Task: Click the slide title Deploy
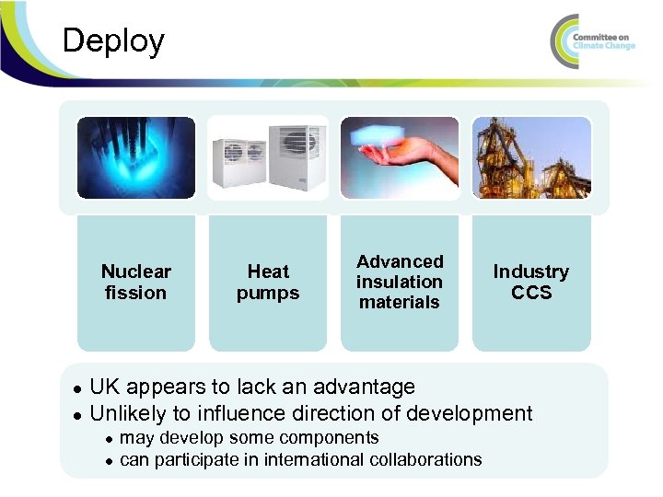coord(112,41)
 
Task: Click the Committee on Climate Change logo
coord(594,41)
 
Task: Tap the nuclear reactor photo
coord(136,157)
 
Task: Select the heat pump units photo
coord(268,157)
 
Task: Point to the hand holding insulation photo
coord(400,157)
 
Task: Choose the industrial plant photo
coord(531,157)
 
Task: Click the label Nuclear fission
coord(136,282)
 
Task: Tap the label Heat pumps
coord(268,282)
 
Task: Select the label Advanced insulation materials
coord(400,282)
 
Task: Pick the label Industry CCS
coord(531,282)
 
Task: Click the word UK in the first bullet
coord(105,387)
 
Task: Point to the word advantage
coord(368,387)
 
